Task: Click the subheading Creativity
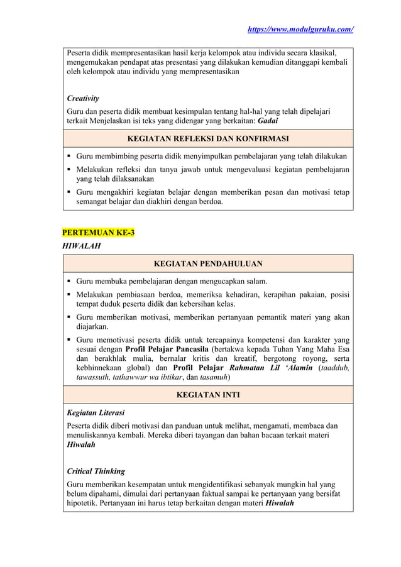click(x=83, y=99)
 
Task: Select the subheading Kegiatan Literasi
click(x=96, y=413)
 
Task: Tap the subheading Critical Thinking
click(x=96, y=471)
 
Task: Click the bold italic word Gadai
click(x=269, y=121)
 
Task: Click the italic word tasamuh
click(x=211, y=377)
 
